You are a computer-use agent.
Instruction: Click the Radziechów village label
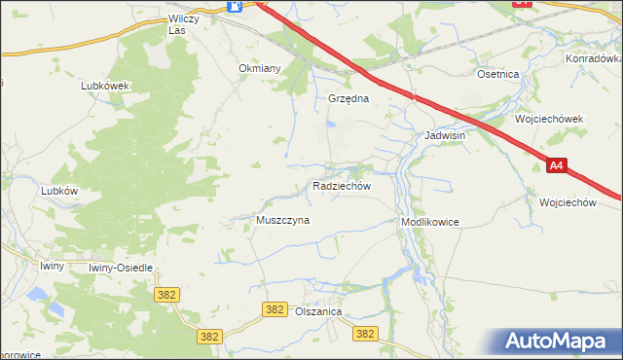click(x=341, y=186)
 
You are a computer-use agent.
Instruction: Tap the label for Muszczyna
click(x=282, y=221)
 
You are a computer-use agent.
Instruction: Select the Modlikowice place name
click(x=429, y=223)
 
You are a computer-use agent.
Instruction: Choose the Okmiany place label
click(x=260, y=69)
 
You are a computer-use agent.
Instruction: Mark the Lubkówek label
click(x=105, y=86)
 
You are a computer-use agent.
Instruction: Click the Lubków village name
click(x=59, y=192)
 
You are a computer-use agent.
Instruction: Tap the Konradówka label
click(x=592, y=58)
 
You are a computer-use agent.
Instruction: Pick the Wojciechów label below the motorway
click(x=567, y=202)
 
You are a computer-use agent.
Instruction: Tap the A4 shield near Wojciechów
click(x=556, y=166)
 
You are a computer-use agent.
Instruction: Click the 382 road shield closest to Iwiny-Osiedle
click(x=165, y=293)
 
